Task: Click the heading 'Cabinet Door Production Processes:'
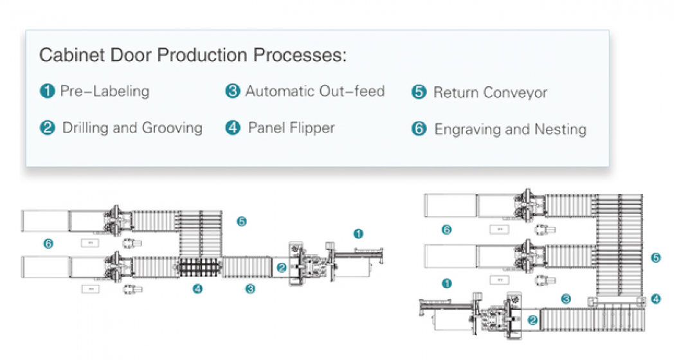pyautogui.click(x=193, y=55)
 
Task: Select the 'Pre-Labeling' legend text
pyautogui.click(x=104, y=91)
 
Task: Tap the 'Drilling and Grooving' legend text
pyautogui.click(x=132, y=128)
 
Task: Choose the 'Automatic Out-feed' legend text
pyautogui.click(x=314, y=91)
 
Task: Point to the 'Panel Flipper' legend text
pyautogui.click(x=291, y=128)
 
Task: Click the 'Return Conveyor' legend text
pyautogui.click(x=490, y=93)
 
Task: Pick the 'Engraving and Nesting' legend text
pyautogui.click(x=510, y=129)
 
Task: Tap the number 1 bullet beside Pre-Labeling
pyautogui.click(x=47, y=91)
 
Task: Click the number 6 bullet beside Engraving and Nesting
pyautogui.click(x=419, y=129)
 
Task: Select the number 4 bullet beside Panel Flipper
pyautogui.click(x=232, y=128)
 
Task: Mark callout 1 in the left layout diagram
pyautogui.click(x=358, y=233)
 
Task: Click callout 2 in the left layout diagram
pyautogui.click(x=282, y=267)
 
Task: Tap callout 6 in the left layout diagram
pyautogui.click(x=48, y=244)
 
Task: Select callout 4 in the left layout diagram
pyautogui.click(x=197, y=289)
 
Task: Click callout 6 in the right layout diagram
pyautogui.click(x=447, y=230)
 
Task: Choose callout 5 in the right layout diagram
pyautogui.click(x=656, y=258)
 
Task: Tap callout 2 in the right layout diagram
pyautogui.click(x=532, y=319)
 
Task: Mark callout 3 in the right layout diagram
pyautogui.click(x=566, y=298)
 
